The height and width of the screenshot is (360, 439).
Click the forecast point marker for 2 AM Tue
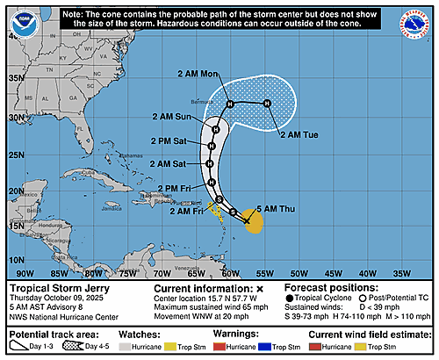267,104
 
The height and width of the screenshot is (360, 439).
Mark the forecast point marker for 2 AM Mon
230,105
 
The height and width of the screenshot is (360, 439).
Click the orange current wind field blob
254,223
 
